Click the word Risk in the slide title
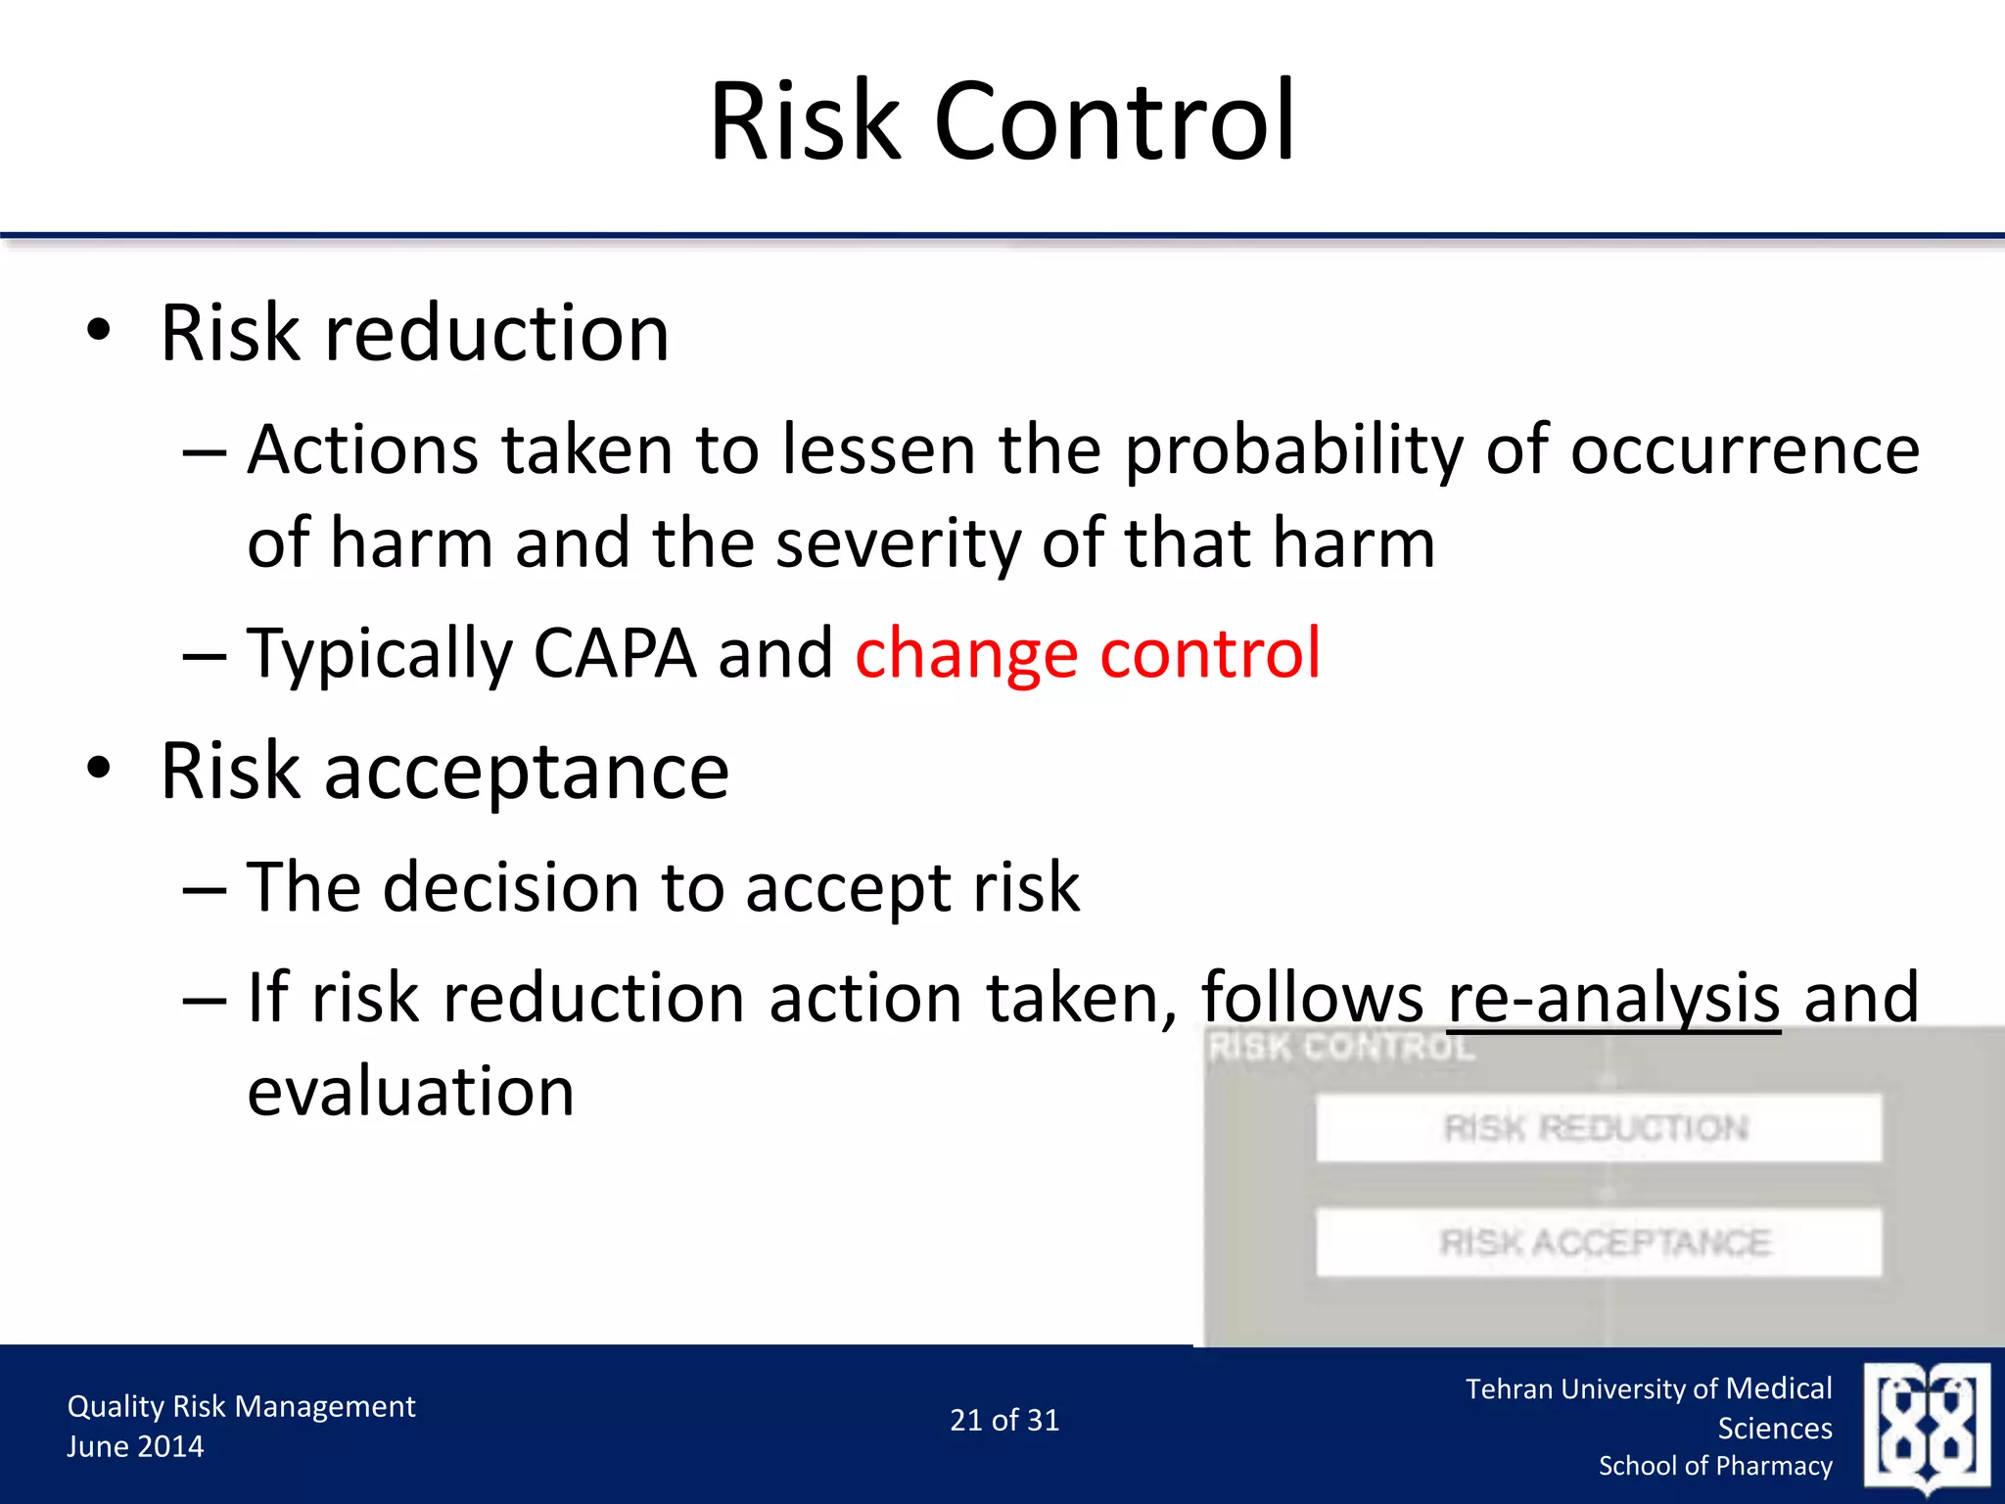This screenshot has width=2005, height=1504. click(x=805, y=122)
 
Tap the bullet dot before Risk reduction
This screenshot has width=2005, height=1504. click(x=99, y=331)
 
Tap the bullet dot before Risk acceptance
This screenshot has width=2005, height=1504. click(x=99, y=769)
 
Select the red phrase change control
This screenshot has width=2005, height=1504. click(x=1087, y=653)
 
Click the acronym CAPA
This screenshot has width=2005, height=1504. click(x=614, y=653)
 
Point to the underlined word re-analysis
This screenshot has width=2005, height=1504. click(x=1612, y=999)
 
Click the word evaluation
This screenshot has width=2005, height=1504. click(x=410, y=1092)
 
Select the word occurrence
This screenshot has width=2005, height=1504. click(x=1745, y=450)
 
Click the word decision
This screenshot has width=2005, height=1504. click(x=510, y=887)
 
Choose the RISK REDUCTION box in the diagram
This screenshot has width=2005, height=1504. click(x=1598, y=1128)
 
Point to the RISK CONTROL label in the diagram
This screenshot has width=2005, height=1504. click(x=1341, y=1048)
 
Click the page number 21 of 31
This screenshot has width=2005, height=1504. click(x=1004, y=1420)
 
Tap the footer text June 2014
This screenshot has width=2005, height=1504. click(x=135, y=1446)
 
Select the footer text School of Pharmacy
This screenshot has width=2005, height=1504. click(x=1715, y=1466)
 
